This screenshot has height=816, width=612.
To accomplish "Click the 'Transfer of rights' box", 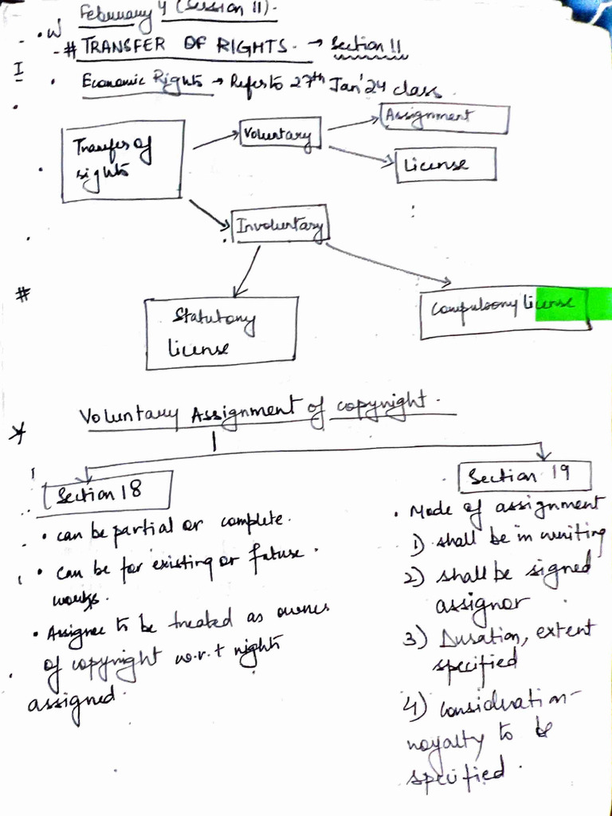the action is pyautogui.click(x=124, y=160).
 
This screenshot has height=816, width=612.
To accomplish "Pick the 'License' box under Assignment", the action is pyautogui.click(x=445, y=165).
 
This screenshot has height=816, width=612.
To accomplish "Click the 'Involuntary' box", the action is pyautogui.click(x=279, y=226).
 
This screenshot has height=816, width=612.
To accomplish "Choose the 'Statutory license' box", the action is pyautogui.click(x=222, y=333).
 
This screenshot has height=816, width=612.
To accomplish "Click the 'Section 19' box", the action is pyautogui.click(x=525, y=477).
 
